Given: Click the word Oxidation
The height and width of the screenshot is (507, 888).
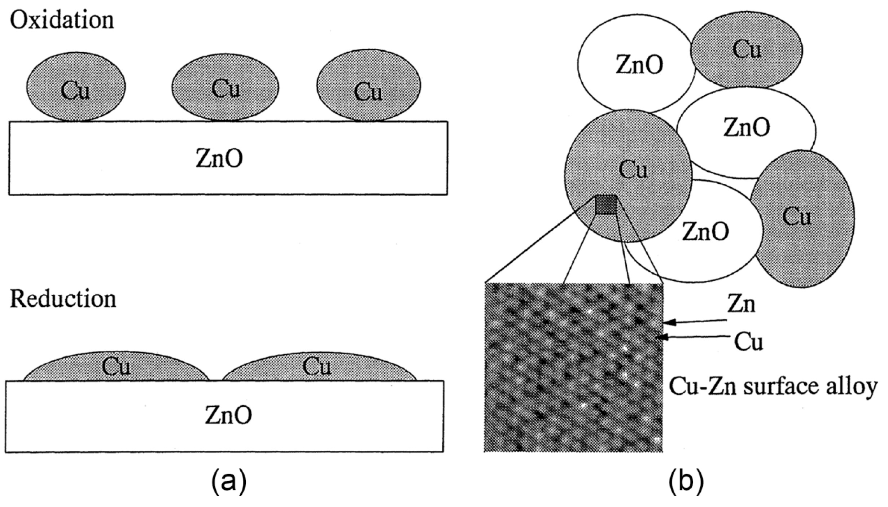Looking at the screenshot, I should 62,20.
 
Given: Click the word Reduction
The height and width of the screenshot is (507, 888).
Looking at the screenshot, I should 63,300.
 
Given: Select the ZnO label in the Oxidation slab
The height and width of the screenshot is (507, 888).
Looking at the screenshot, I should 219,158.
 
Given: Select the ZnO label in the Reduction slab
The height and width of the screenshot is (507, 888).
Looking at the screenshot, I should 228,415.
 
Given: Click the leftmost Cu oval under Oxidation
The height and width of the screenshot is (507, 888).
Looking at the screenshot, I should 76,87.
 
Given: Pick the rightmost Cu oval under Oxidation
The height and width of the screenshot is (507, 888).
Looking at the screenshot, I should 368,87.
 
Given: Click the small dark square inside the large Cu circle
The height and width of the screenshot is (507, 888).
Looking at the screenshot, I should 606,205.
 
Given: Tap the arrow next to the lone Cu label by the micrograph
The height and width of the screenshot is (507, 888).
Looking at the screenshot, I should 693,337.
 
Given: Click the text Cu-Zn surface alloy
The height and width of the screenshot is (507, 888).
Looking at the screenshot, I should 773,386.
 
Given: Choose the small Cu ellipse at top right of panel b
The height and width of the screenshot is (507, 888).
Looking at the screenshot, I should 747,50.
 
